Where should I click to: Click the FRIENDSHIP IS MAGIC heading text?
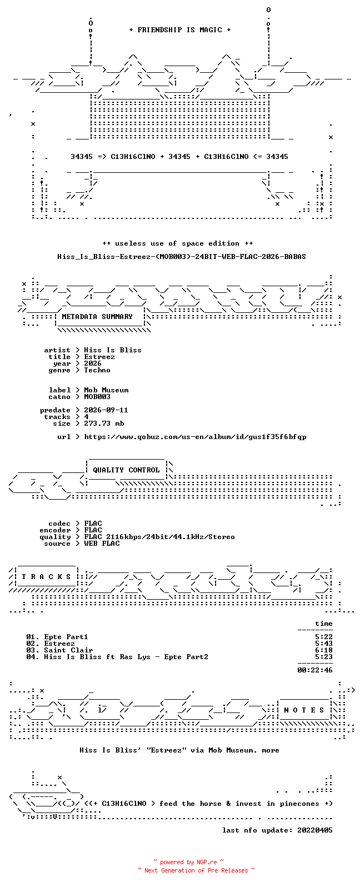180,30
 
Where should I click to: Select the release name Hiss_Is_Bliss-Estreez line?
181,257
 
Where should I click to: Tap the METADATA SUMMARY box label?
97,317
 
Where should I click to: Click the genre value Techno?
97,370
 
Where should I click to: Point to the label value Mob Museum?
106,390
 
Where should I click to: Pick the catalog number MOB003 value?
97,397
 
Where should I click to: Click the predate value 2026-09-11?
106,410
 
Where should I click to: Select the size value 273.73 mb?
104,423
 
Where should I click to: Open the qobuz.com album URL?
195,437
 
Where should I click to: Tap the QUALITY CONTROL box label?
126,470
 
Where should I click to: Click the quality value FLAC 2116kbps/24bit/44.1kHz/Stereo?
159,537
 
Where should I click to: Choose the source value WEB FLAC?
102,544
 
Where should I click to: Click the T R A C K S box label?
46,577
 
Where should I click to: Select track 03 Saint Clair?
59,650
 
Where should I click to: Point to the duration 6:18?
323,650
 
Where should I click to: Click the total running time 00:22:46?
315,670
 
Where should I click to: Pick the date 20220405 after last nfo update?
315,830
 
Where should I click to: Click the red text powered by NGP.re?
188,862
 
